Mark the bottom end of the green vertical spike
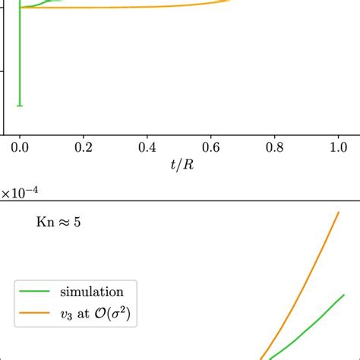[x=20, y=106]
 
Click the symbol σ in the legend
[x=122, y=312]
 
